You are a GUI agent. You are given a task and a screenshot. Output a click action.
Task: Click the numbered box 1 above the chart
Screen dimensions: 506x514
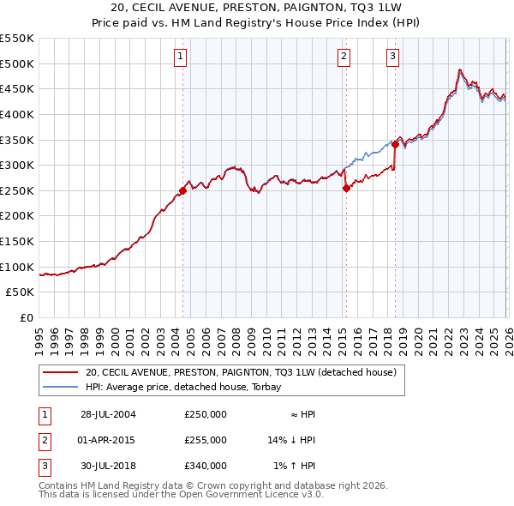point(182,57)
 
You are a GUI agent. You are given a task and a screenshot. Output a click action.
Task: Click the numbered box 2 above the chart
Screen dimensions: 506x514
point(344,57)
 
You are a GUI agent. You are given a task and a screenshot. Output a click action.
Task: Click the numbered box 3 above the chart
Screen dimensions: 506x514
point(392,57)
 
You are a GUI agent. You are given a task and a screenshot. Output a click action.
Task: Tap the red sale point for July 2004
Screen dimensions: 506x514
point(182,190)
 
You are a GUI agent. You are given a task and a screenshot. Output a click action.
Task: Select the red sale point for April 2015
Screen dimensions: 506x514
point(345,188)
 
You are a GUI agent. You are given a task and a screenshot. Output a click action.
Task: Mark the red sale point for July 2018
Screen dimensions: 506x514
point(395,145)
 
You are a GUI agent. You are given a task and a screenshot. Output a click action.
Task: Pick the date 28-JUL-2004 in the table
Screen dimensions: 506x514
point(108,414)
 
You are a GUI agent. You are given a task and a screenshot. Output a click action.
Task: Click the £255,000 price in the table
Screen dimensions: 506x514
point(206,440)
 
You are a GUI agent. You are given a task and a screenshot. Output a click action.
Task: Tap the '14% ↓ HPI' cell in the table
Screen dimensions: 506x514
point(291,440)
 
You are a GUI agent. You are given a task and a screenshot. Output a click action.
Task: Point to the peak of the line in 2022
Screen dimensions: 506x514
point(460,69)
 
